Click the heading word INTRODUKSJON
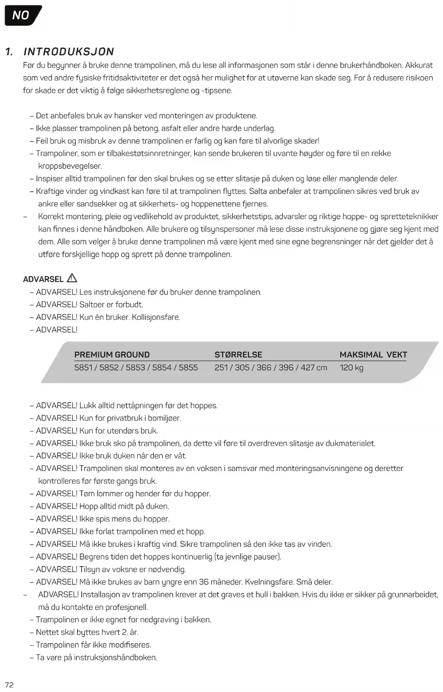(x=69, y=51)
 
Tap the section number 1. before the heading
(x=9, y=51)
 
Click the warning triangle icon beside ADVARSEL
(x=72, y=278)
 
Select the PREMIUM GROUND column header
(x=112, y=355)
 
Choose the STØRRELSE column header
(x=238, y=355)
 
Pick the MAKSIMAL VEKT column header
(x=373, y=355)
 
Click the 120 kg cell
(x=352, y=368)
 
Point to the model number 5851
(x=84, y=368)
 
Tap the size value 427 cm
(x=314, y=368)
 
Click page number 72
(x=9, y=685)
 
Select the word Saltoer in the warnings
(x=92, y=305)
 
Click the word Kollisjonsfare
(x=156, y=317)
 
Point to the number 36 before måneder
(x=204, y=582)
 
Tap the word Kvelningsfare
(x=269, y=582)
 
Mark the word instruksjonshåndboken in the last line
(x=119, y=658)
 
